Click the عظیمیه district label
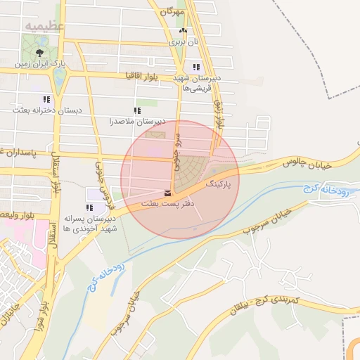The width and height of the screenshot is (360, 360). (46, 26)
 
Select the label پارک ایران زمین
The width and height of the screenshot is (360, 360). (42, 64)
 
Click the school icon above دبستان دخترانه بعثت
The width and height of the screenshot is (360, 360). (46, 100)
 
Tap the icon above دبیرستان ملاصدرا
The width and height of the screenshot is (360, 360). (137, 111)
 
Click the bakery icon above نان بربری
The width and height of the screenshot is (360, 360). (183, 31)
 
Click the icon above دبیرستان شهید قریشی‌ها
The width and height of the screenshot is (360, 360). (195, 67)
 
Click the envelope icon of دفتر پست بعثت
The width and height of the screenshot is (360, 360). (167, 193)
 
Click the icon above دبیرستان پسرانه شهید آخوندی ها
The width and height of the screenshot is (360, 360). (89, 207)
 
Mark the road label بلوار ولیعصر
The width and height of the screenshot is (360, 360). (14, 213)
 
